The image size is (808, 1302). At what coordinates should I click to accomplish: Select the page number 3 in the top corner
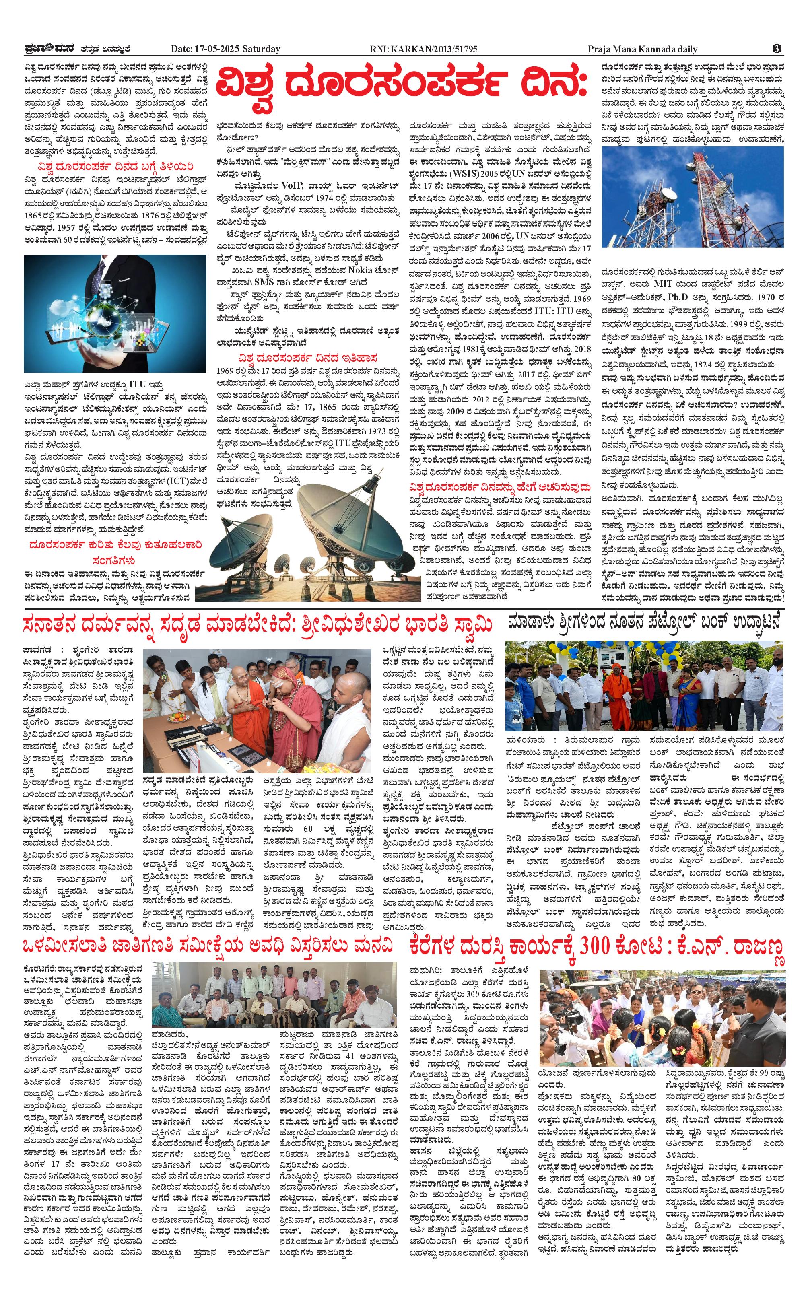(x=777, y=49)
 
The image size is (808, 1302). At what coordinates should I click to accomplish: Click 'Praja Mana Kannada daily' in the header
(x=642, y=49)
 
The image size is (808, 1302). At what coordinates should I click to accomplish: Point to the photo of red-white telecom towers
(x=693, y=197)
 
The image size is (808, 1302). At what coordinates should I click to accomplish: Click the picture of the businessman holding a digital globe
(x=115, y=313)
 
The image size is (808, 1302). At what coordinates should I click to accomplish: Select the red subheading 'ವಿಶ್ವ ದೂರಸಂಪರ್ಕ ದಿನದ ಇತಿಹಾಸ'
(x=308, y=357)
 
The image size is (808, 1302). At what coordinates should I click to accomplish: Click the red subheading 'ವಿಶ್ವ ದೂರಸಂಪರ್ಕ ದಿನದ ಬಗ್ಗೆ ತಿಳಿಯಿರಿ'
(x=112, y=167)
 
